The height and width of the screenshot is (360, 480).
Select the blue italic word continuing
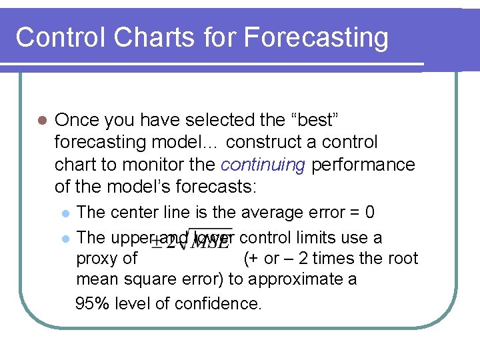click(x=262, y=165)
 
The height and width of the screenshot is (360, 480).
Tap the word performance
click(x=363, y=165)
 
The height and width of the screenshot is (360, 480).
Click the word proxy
click(x=96, y=258)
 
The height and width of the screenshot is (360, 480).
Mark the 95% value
click(x=93, y=304)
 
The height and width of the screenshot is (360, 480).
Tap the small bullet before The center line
click(x=65, y=214)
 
